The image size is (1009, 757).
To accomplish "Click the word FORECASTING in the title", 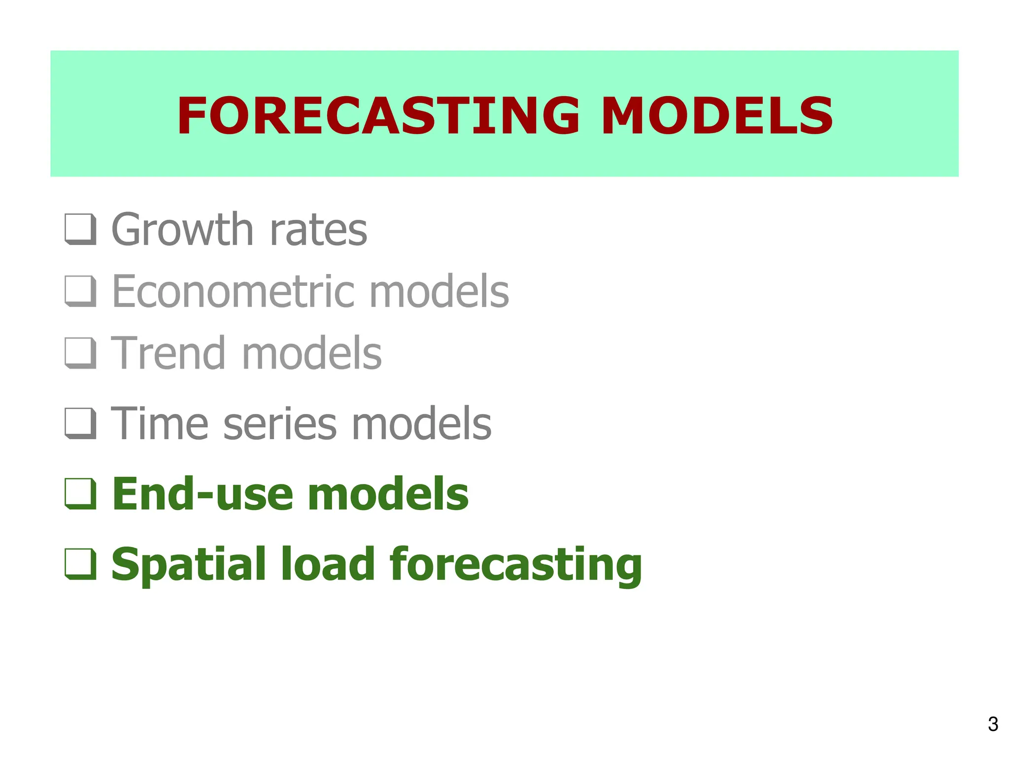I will [x=378, y=116].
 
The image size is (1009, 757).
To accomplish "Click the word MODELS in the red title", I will [x=717, y=116].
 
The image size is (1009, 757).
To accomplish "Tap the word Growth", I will [x=182, y=230].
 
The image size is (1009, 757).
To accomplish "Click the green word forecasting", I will [x=515, y=565].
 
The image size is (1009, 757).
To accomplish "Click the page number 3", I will [x=993, y=724].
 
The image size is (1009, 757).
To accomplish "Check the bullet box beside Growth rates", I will [x=80, y=229].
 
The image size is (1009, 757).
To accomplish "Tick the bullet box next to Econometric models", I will [x=80, y=291].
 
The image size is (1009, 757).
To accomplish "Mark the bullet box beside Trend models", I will [x=80, y=353].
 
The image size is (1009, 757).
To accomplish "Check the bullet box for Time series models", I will [x=80, y=423].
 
